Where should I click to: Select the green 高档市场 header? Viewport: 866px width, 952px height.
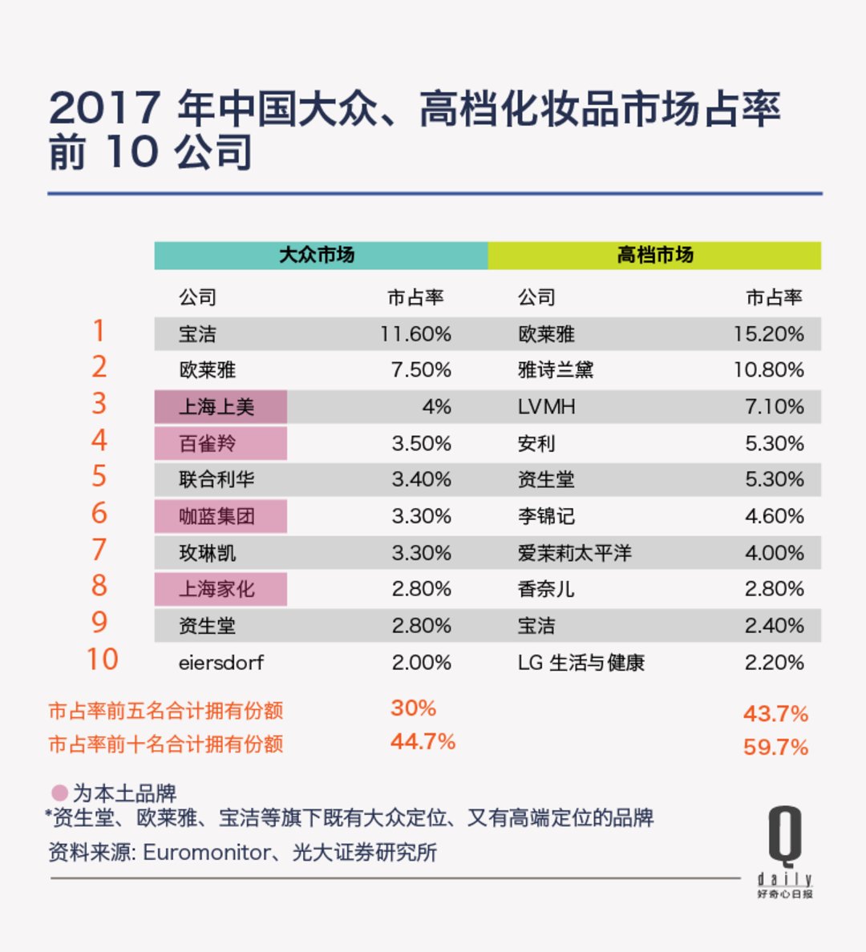(x=654, y=256)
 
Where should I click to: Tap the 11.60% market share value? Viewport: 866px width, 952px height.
(x=415, y=334)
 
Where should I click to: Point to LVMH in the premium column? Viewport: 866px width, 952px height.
(x=546, y=407)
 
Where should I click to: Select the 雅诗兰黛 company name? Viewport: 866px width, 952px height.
(x=555, y=370)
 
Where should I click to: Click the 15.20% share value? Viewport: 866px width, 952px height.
(x=768, y=334)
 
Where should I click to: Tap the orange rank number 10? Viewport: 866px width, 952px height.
(x=102, y=660)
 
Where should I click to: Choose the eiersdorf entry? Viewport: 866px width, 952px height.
(x=221, y=663)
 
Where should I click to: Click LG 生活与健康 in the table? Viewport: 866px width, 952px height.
(x=581, y=663)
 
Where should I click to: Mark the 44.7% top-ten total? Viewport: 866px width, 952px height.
(x=423, y=742)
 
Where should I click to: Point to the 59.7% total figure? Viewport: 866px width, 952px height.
(x=775, y=747)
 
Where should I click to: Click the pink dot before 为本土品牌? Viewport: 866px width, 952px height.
(x=59, y=793)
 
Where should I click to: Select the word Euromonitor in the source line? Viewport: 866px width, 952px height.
(x=207, y=852)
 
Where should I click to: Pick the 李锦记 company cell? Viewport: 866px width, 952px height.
(x=546, y=516)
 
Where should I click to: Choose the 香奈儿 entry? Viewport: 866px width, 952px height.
(x=546, y=589)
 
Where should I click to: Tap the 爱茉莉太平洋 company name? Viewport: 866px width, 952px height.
(x=574, y=553)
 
